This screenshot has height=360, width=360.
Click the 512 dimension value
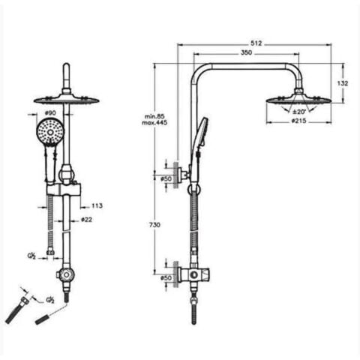coord(256,43)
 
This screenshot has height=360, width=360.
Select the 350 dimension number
coord(246,52)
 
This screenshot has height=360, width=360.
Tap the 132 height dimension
coord(343,83)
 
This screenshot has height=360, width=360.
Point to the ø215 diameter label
coord(298,121)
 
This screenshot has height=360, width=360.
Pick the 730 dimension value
coord(154,225)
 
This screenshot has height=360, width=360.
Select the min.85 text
coord(154,116)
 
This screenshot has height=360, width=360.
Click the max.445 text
coord(154,123)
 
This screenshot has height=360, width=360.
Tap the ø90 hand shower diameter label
coord(49,113)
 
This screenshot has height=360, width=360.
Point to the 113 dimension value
coord(97,205)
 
